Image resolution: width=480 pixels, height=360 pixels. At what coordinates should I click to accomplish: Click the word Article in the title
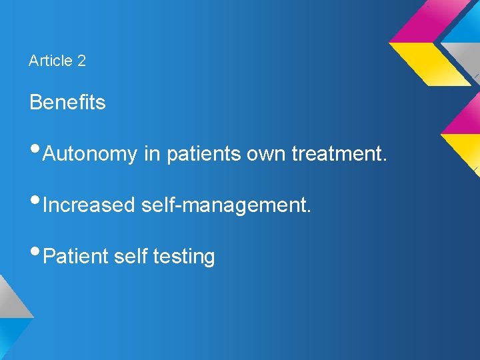pos(51,61)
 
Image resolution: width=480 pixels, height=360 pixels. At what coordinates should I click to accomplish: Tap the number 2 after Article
pos(81,61)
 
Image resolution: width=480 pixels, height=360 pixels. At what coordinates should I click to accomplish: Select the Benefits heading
pos(67,103)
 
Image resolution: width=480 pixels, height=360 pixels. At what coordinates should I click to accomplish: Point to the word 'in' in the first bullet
pos(151,154)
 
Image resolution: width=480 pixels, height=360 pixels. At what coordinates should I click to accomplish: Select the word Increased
pos(89,205)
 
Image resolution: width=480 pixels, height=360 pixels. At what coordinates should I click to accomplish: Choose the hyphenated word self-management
pos(226,205)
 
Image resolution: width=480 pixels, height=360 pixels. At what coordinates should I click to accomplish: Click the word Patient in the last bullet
pos(75,256)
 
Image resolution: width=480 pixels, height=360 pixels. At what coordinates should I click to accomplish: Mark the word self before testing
pos(131,256)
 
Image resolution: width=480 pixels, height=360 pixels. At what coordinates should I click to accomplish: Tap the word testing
pos(184,257)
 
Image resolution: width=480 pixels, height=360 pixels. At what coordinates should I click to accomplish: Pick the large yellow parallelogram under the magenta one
pos(429,63)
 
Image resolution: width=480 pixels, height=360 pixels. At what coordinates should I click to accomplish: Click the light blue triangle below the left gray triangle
pos(9,337)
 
